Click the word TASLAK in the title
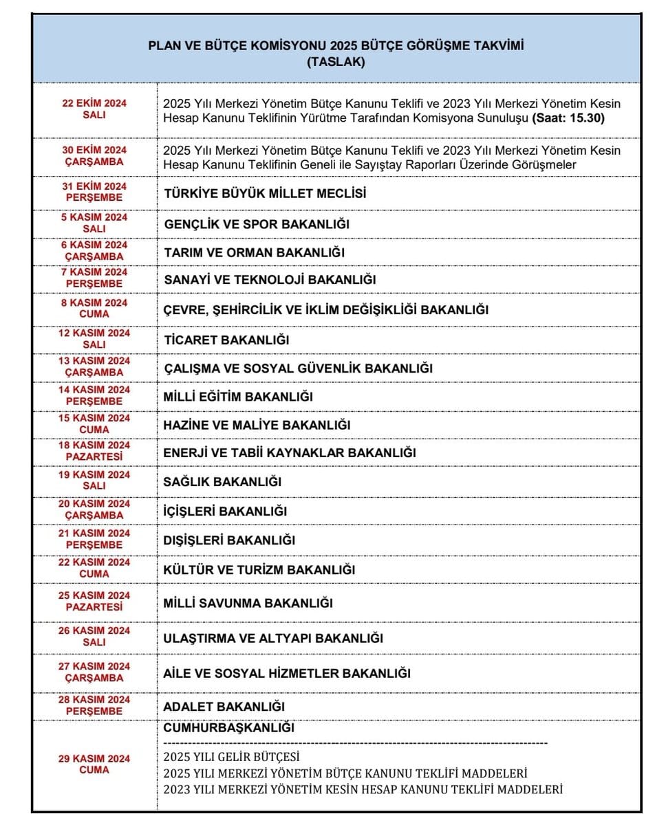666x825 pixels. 336,61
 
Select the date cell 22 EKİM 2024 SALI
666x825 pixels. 94,109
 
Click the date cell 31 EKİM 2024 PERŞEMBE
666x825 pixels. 94,192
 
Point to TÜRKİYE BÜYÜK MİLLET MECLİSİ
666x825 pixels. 265,193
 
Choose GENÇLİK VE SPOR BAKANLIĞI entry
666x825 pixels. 257,224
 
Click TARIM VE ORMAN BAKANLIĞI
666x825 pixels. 254,252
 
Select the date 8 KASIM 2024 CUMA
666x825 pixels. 94,308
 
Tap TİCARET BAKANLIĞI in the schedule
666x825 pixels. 226,340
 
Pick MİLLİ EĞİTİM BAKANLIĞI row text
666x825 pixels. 238,397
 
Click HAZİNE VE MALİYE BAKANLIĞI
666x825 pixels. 257,425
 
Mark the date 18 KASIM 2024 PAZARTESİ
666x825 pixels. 94,450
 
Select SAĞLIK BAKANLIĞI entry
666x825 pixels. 222,482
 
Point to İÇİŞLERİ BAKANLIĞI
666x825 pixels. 225,511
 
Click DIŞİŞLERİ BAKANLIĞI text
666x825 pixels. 229,540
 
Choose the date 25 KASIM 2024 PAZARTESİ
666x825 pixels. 94,601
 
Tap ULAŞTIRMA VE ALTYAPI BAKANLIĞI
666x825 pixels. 273,638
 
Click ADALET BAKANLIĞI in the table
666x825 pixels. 224,706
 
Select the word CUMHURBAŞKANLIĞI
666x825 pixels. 229,727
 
